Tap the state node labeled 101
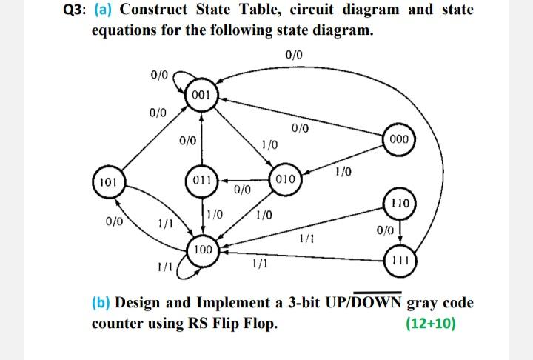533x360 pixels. click(x=107, y=181)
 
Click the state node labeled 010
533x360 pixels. click(x=285, y=180)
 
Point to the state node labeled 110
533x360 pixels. click(x=400, y=201)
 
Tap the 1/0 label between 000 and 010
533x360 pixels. click(x=343, y=172)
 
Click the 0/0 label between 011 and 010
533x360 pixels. click(x=244, y=190)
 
